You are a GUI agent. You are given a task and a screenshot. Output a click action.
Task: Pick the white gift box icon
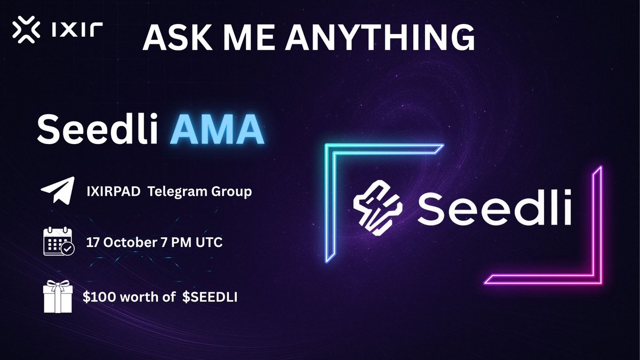click(x=57, y=297)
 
